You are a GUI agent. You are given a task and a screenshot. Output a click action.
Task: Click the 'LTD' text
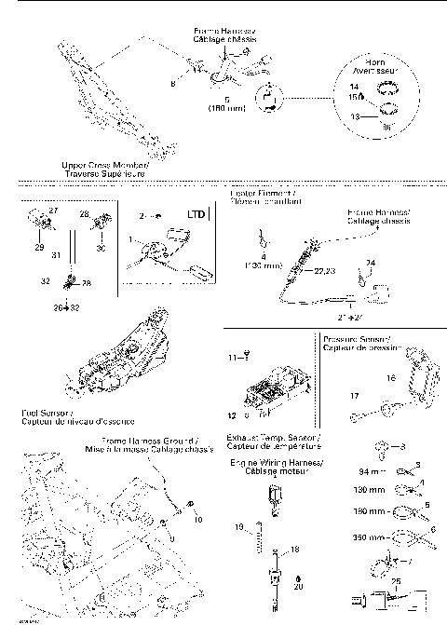point(196,214)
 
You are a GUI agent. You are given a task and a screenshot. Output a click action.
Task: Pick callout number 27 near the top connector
point(53,211)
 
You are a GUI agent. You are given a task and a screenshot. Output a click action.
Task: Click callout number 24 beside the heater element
point(369,264)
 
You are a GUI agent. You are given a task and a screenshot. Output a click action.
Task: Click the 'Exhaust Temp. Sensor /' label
point(275,436)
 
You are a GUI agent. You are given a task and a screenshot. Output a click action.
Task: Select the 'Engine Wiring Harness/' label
point(277,462)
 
